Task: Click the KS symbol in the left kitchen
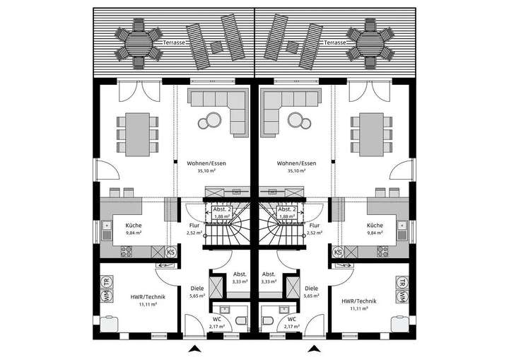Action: [170, 252]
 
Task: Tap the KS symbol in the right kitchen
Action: [338, 252]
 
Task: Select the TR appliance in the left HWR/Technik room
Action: [106, 282]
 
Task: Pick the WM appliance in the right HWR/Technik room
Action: [402, 296]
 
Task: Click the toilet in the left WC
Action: [242, 321]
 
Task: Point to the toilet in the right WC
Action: [267, 321]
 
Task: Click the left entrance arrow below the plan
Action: [195, 349]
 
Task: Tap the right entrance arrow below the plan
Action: [314, 349]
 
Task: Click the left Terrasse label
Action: [174, 42]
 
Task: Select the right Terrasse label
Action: [334, 42]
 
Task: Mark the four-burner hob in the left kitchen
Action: [127, 252]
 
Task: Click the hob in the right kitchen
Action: [382, 252]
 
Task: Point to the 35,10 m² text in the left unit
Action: [206, 170]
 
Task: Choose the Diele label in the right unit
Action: [312, 288]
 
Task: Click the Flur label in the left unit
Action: [194, 225]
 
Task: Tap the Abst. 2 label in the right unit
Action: [287, 209]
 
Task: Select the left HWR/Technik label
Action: [148, 296]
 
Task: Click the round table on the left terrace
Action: [139, 43]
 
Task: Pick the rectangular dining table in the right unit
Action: [371, 134]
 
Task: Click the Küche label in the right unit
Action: [375, 225]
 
